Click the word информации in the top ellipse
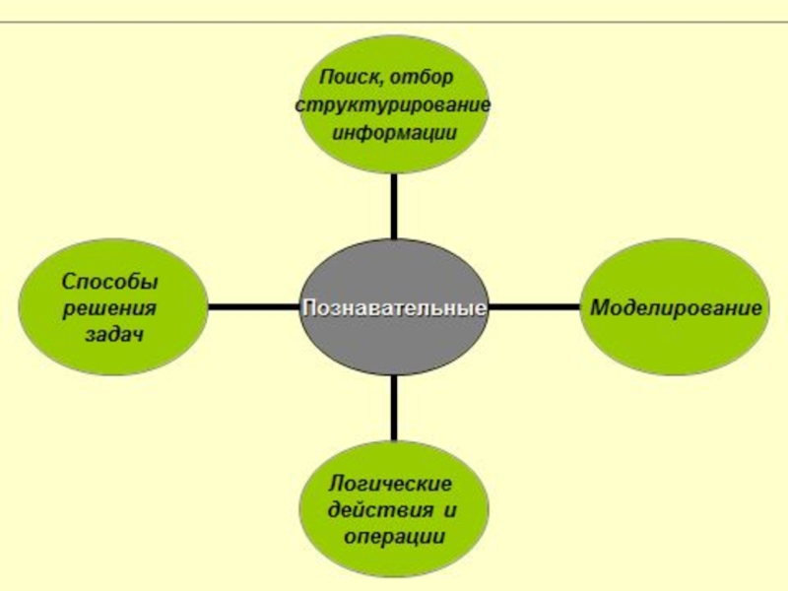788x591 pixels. click(393, 132)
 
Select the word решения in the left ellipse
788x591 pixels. click(110, 308)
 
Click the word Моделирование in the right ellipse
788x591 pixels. click(676, 307)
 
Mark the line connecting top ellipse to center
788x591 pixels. click(394, 207)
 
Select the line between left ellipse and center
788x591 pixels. click(252, 307)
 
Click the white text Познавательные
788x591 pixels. click(394, 308)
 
